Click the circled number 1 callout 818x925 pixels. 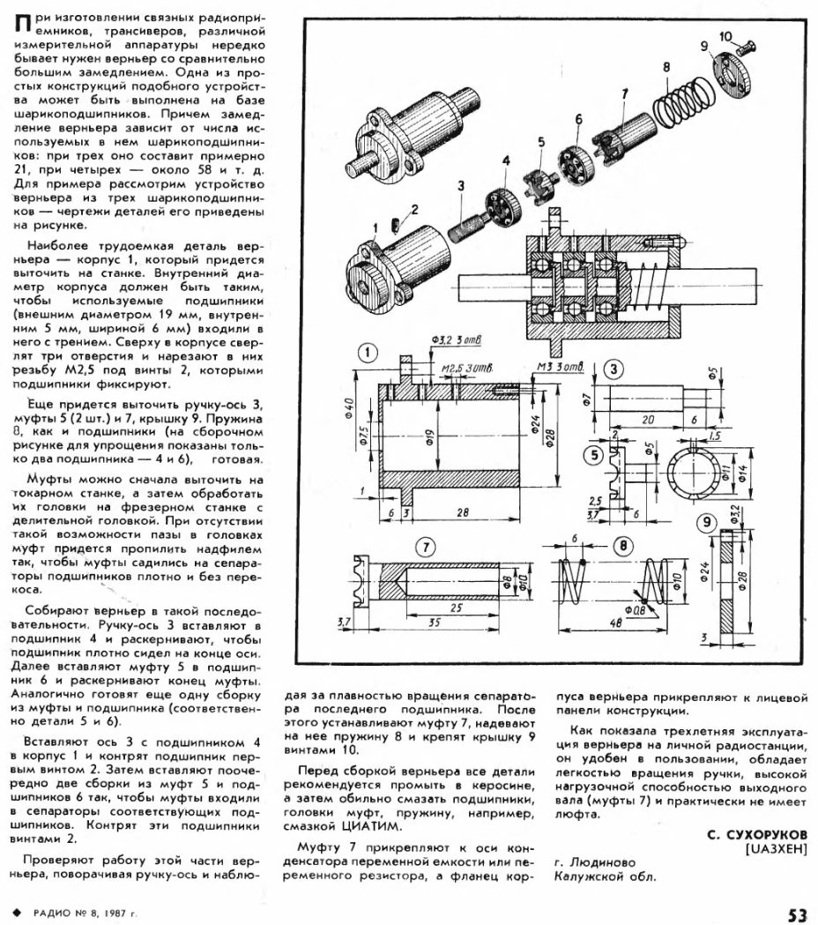tap(368, 354)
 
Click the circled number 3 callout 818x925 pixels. tap(614, 369)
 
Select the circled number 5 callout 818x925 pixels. tap(594, 455)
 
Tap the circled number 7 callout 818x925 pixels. tap(426, 548)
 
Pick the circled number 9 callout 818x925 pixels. tap(706, 523)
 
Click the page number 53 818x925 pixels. tap(797, 915)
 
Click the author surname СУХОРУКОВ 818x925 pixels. tap(756, 835)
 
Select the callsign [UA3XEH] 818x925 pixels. tap(776, 849)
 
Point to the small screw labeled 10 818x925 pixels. tap(746, 45)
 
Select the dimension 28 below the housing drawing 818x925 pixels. tap(463, 512)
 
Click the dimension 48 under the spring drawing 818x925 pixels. tap(616, 621)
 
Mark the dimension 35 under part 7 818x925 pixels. tap(434, 623)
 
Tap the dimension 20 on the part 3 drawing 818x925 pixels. tap(648, 420)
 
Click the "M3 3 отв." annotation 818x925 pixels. tap(560, 367)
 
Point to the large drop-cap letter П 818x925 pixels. tap(22, 24)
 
